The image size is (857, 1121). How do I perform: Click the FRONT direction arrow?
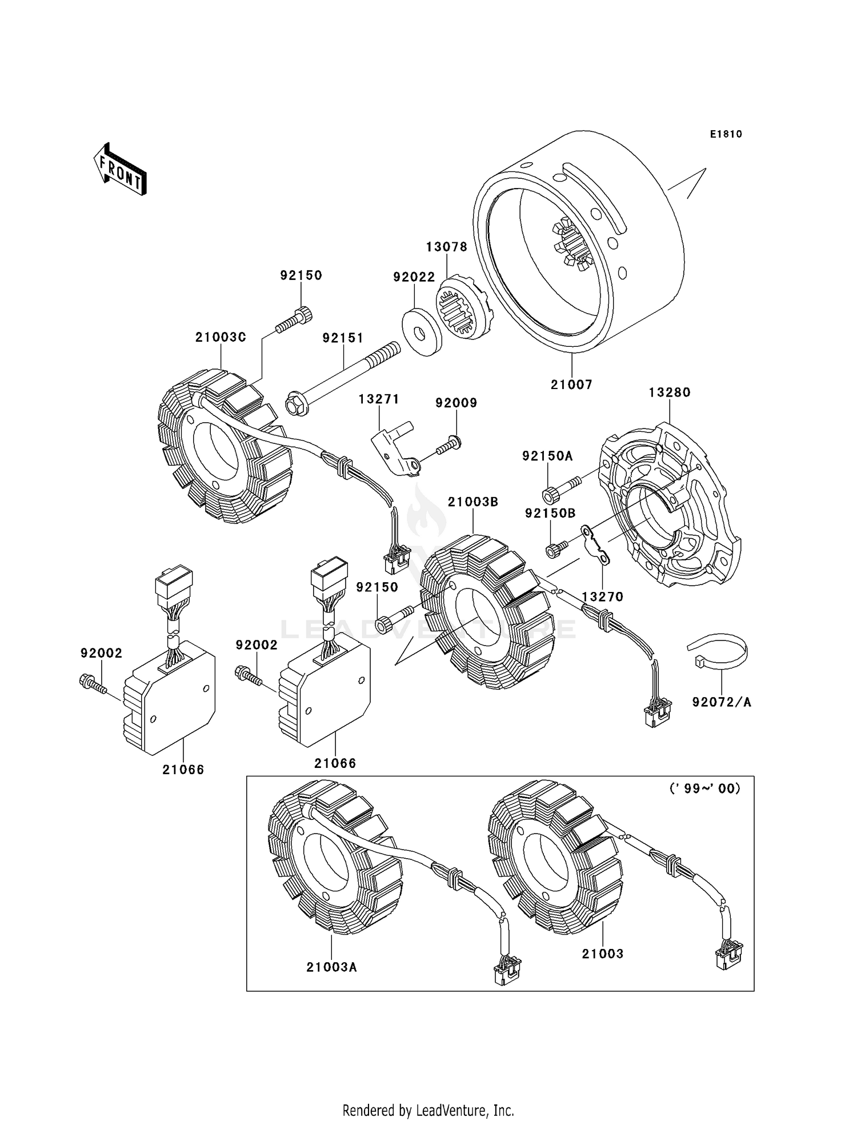click(x=121, y=170)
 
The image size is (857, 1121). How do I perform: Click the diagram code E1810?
click(x=726, y=134)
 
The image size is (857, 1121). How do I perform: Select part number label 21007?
click(x=571, y=385)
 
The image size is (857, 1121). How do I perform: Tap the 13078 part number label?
click(x=446, y=247)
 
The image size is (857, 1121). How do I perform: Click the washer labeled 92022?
click(x=422, y=332)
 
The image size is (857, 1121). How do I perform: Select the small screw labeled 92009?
click(x=448, y=446)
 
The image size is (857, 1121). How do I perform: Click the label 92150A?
click(x=547, y=456)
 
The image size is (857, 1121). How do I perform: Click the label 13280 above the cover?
click(x=670, y=393)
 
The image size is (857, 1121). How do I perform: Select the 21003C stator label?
click(x=221, y=337)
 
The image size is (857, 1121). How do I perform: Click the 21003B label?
click(x=473, y=502)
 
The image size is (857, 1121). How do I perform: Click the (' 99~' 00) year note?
click(x=704, y=788)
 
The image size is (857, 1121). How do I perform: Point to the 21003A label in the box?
click(x=331, y=967)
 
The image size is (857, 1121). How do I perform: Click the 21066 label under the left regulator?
click(x=183, y=770)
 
